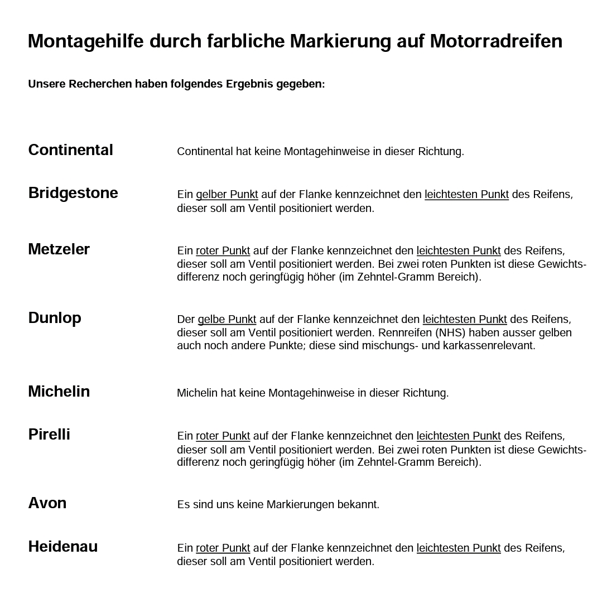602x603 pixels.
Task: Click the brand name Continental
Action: (x=70, y=150)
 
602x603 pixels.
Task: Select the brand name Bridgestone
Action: (x=73, y=193)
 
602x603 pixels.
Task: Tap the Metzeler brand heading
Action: (x=59, y=249)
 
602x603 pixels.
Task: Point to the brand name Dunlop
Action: (x=55, y=318)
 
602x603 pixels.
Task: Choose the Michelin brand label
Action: (x=59, y=392)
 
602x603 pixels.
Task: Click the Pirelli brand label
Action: (x=49, y=435)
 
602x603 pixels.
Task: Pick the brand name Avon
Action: (x=47, y=503)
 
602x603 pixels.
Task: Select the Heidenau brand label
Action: (x=63, y=547)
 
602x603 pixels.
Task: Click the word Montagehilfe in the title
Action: (x=86, y=41)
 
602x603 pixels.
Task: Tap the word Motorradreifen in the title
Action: (x=496, y=41)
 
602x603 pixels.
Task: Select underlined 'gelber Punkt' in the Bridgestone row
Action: (x=227, y=195)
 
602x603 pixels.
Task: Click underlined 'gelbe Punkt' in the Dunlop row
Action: (x=227, y=320)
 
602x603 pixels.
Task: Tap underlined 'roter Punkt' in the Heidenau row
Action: (x=223, y=548)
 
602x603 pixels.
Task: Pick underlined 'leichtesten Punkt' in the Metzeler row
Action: (x=458, y=251)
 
